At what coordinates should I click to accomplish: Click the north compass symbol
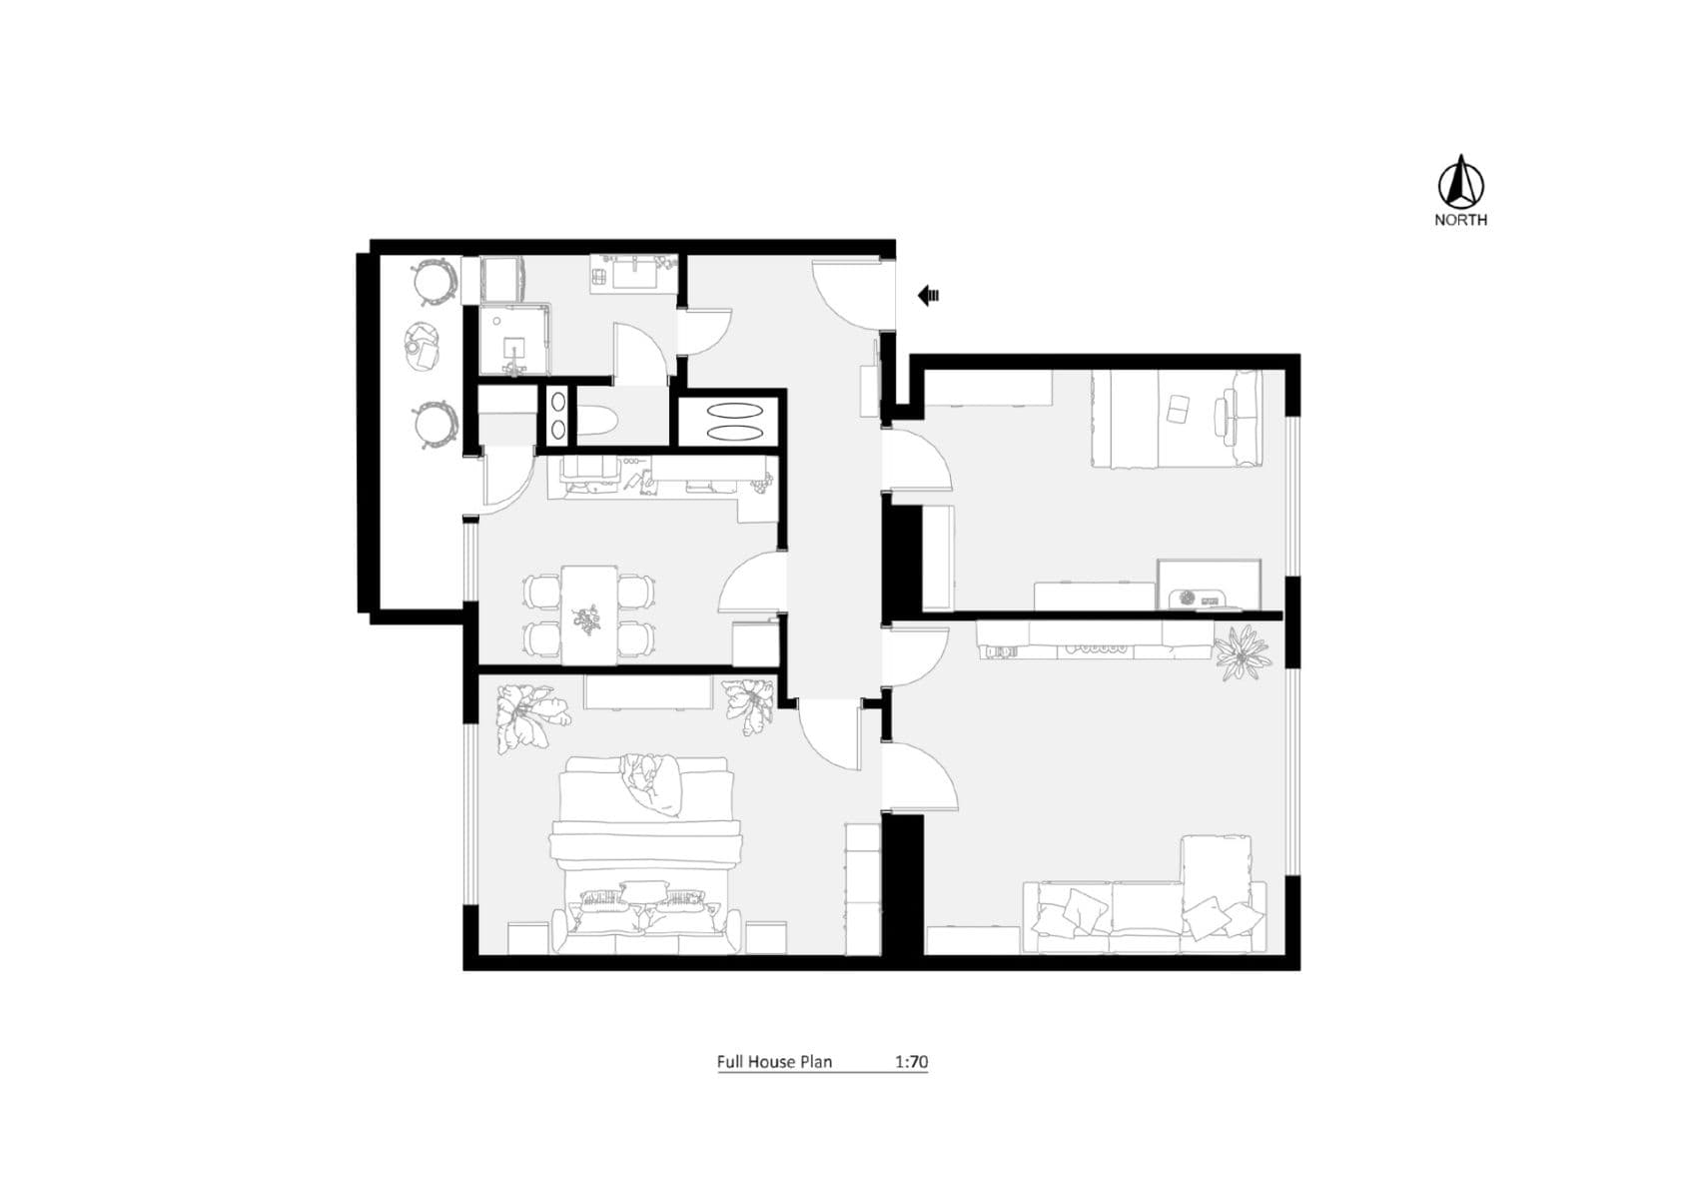[x=1460, y=182]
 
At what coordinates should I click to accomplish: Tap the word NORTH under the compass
[x=1460, y=220]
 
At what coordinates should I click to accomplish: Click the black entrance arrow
[x=928, y=295]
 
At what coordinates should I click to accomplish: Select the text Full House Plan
[x=774, y=1061]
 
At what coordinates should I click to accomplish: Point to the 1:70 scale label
[x=910, y=1061]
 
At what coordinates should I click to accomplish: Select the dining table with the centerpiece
[x=588, y=613]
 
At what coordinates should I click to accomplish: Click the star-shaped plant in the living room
[x=1242, y=653]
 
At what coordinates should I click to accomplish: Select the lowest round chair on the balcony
[x=435, y=424]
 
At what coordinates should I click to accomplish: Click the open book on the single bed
[x=1178, y=409]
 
